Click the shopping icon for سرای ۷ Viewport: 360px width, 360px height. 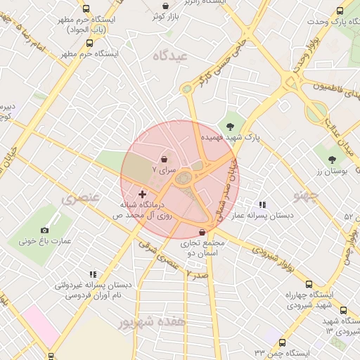pyautogui.click(x=164, y=159)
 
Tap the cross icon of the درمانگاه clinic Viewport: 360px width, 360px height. pyautogui.click(x=143, y=194)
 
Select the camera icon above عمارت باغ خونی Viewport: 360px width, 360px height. pyautogui.click(x=45, y=230)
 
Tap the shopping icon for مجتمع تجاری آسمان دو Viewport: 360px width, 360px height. pyautogui.click(x=202, y=232)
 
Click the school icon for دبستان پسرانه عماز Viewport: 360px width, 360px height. pyautogui.click(x=262, y=205)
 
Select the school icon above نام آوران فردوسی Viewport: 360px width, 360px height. pyautogui.click(x=93, y=274)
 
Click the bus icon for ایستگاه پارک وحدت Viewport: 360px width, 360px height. pyautogui.click(x=340, y=11)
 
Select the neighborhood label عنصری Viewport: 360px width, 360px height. pyautogui.click(x=82, y=199)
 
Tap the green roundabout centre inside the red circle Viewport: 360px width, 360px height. pyautogui.click(x=184, y=179)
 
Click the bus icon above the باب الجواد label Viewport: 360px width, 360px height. pyautogui.click(x=86, y=9)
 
